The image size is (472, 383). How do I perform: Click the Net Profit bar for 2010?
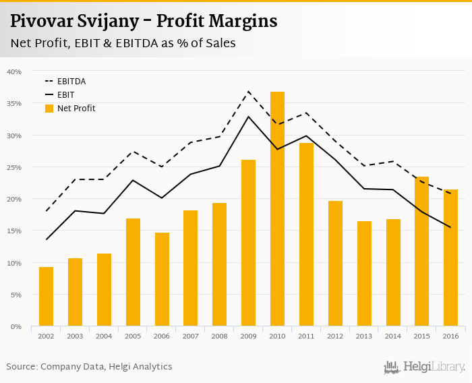(277, 209)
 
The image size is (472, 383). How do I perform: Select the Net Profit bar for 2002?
(46, 297)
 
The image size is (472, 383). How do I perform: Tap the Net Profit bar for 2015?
(421, 252)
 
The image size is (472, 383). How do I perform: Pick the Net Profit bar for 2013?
(364, 274)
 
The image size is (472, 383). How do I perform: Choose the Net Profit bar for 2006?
(162, 280)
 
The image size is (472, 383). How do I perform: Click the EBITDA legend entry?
(71, 82)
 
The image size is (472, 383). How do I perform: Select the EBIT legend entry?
(65, 95)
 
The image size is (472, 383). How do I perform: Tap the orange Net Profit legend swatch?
(49, 109)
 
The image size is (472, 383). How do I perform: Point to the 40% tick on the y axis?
(14, 71)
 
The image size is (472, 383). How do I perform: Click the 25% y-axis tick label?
(14, 167)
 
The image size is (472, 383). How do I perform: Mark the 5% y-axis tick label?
(16, 295)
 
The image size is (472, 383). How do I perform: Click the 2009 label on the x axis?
(248, 336)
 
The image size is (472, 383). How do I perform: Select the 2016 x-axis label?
(450, 336)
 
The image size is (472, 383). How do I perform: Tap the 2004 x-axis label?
(104, 336)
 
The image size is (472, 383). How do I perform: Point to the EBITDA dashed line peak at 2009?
(248, 91)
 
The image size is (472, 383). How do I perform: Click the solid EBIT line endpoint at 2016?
(450, 227)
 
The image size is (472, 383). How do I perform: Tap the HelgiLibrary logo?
(424, 367)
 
